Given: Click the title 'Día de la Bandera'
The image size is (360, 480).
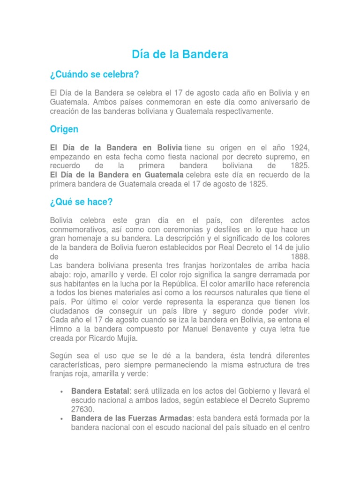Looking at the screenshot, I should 180,54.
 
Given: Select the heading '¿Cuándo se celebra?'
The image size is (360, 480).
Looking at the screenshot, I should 94,75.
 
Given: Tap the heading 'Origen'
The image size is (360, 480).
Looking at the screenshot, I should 64,129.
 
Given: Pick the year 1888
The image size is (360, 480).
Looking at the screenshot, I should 300,257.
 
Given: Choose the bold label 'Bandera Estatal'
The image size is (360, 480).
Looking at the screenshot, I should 100,391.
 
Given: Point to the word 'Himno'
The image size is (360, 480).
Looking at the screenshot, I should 61,329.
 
